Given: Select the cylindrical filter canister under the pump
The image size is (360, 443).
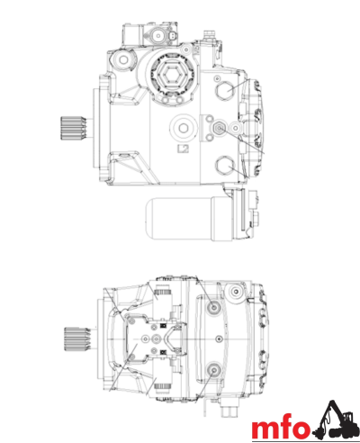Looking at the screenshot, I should coord(178,219).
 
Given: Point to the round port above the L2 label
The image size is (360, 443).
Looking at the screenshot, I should coord(183,125).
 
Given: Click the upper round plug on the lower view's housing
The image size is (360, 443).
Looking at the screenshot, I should coord(213,307).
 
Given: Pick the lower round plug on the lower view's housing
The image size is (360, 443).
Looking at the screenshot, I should coord(213,371).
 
